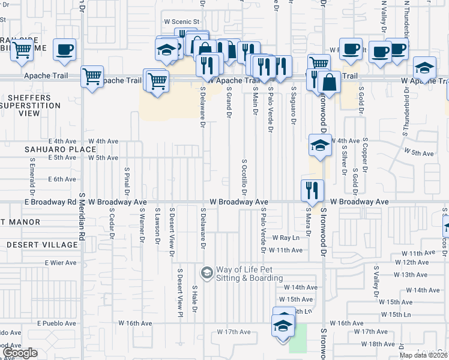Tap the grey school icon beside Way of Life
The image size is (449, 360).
pyautogui.click(x=206, y=274)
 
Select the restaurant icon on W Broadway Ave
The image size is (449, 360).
pyautogui.click(x=312, y=190)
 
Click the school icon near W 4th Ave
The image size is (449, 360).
pyautogui.click(x=320, y=145)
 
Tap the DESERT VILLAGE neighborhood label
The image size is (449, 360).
pyautogui.click(x=42, y=245)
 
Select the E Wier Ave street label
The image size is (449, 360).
pyautogui.click(x=61, y=263)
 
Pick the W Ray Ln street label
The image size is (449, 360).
pyautogui.click(x=285, y=238)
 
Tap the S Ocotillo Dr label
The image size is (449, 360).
pyautogui.click(x=244, y=177)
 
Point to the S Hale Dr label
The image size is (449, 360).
pyautogui.click(x=194, y=299)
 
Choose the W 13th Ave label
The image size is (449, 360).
pyautogui.click(x=412, y=274)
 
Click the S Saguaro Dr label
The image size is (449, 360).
pyautogui.click(x=294, y=106)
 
